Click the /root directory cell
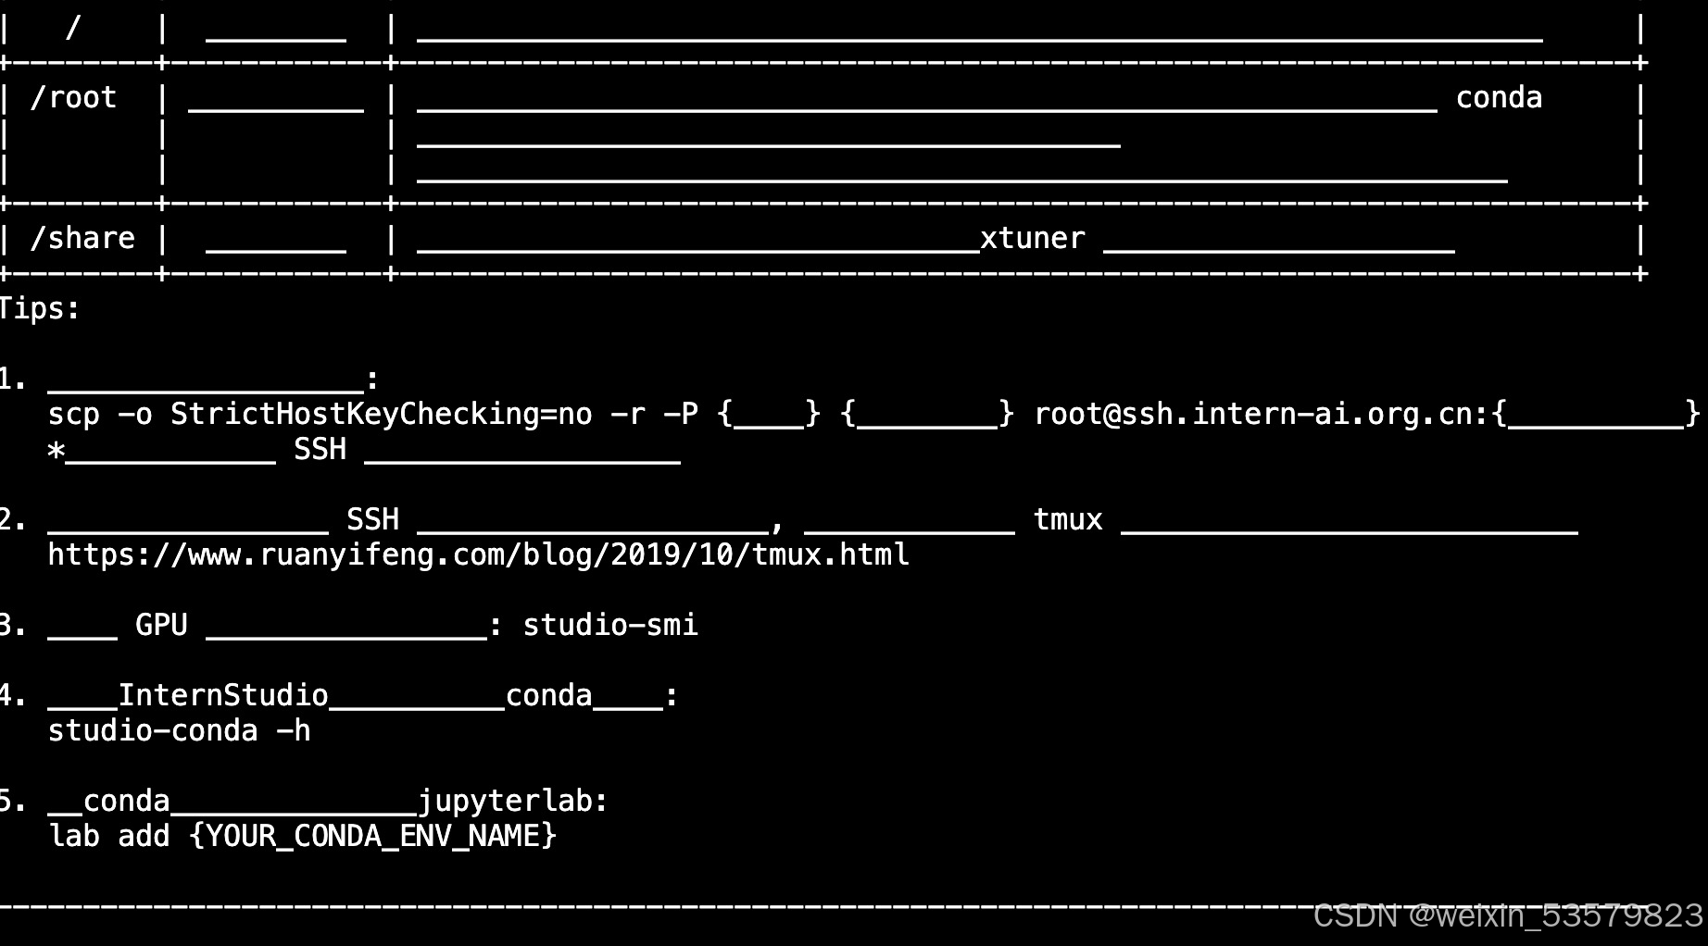73,98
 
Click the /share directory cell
82,239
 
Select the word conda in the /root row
1499,98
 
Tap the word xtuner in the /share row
1032,239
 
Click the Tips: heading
40,309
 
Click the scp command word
73,414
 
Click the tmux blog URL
478,554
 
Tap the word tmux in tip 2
1067,519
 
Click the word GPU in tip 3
161,625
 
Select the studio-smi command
609,625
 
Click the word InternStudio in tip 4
222,695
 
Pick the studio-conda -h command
179,730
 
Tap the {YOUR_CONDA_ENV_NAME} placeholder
372,836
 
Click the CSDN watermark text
1507,915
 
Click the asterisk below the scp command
57,451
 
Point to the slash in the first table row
73,28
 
